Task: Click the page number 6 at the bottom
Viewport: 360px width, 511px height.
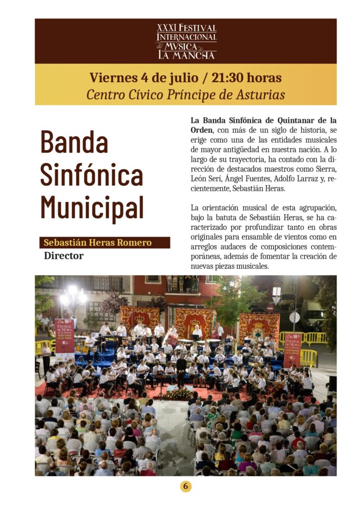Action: (x=185, y=486)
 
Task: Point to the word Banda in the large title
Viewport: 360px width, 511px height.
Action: (x=74, y=142)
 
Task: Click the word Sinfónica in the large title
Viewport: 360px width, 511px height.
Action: (x=91, y=175)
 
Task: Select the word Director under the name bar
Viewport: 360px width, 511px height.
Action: (x=63, y=255)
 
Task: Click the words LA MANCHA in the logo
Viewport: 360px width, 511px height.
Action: (x=186, y=55)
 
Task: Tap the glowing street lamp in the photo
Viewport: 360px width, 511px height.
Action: (x=73, y=295)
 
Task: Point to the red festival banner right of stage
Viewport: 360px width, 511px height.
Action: (x=292, y=350)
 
